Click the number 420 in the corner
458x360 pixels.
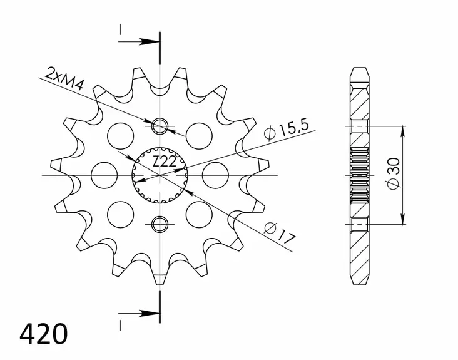point(44,334)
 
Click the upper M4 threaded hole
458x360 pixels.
point(161,126)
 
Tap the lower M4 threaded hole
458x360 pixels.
point(161,222)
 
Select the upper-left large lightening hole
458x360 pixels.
point(121,134)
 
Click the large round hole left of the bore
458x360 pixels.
point(104,175)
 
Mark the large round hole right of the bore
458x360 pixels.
point(216,175)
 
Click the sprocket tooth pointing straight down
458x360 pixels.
point(161,279)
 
